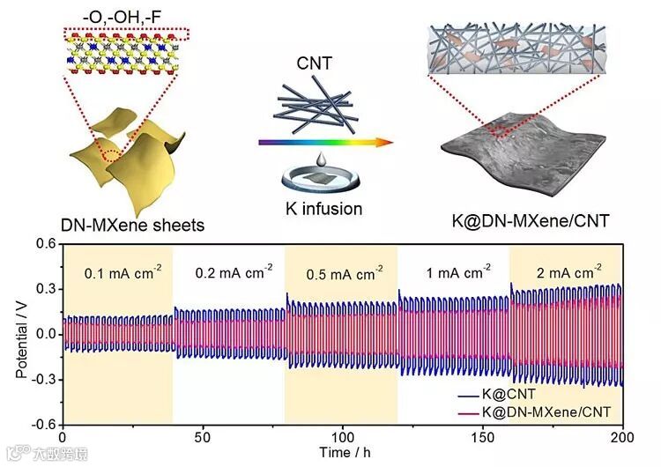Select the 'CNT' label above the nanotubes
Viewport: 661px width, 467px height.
click(315, 64)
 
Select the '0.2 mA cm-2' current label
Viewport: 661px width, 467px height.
click(230, 272)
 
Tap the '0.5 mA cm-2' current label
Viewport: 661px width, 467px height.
click(344, 272)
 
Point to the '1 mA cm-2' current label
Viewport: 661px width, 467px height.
click(455, 272)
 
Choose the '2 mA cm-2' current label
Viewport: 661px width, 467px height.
click(564, 272)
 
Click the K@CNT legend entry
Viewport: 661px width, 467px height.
click(529, 397)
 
